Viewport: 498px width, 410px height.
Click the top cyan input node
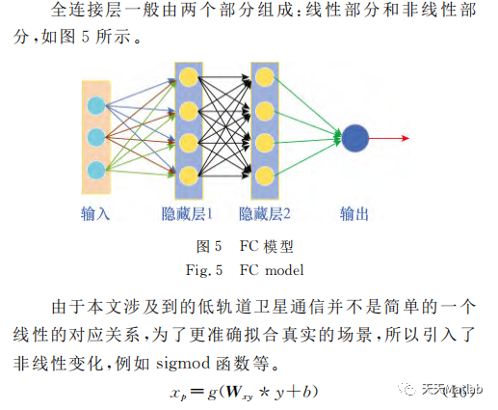(95, 105)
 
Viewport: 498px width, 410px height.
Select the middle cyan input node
(95, 137)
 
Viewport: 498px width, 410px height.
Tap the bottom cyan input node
(95, 170)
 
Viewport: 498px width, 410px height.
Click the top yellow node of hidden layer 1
(189, 75)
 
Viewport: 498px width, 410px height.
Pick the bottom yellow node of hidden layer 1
(189, 174)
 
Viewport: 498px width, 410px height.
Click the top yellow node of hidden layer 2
(263, 75)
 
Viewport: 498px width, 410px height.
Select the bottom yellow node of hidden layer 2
(263, 174)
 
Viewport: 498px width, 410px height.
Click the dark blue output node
(354, 138)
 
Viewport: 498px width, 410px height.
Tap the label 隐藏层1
(189, 213)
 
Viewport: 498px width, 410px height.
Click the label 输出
(354, 213)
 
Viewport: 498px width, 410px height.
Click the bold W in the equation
(234, 391)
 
